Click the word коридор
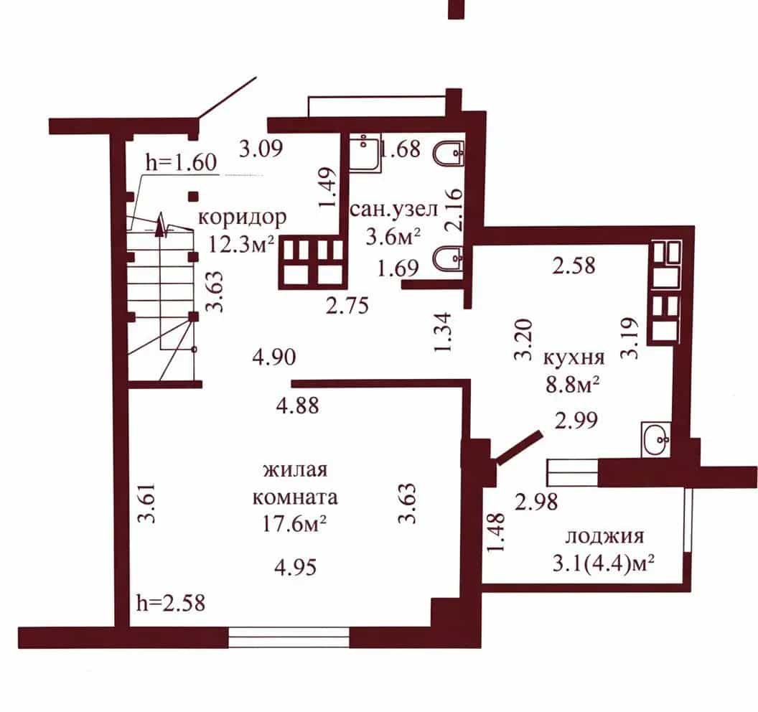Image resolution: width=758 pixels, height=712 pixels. (243, 218)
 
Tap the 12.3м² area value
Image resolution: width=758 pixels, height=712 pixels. (242, 245)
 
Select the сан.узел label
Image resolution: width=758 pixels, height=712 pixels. (394, 209)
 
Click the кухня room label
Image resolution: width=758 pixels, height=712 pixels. (574, 357)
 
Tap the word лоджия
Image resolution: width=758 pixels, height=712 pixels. (604, 537)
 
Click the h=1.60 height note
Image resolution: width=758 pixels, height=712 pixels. (182, 162)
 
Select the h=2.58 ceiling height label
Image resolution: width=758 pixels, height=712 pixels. (171, 603)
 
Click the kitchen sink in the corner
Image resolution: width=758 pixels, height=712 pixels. (655, 439)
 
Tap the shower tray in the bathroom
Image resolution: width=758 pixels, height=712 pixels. (365, 153)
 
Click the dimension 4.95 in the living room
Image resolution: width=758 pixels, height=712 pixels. (295, 566)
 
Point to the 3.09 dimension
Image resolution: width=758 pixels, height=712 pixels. (261, 149)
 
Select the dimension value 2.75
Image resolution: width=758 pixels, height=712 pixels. (347, 305)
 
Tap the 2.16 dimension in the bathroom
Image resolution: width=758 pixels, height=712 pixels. (454, 209)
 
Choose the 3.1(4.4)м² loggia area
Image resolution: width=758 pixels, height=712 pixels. (603, 564)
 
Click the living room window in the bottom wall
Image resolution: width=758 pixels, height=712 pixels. (289, 637)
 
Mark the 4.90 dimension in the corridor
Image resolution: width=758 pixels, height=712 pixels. (274, 357)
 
